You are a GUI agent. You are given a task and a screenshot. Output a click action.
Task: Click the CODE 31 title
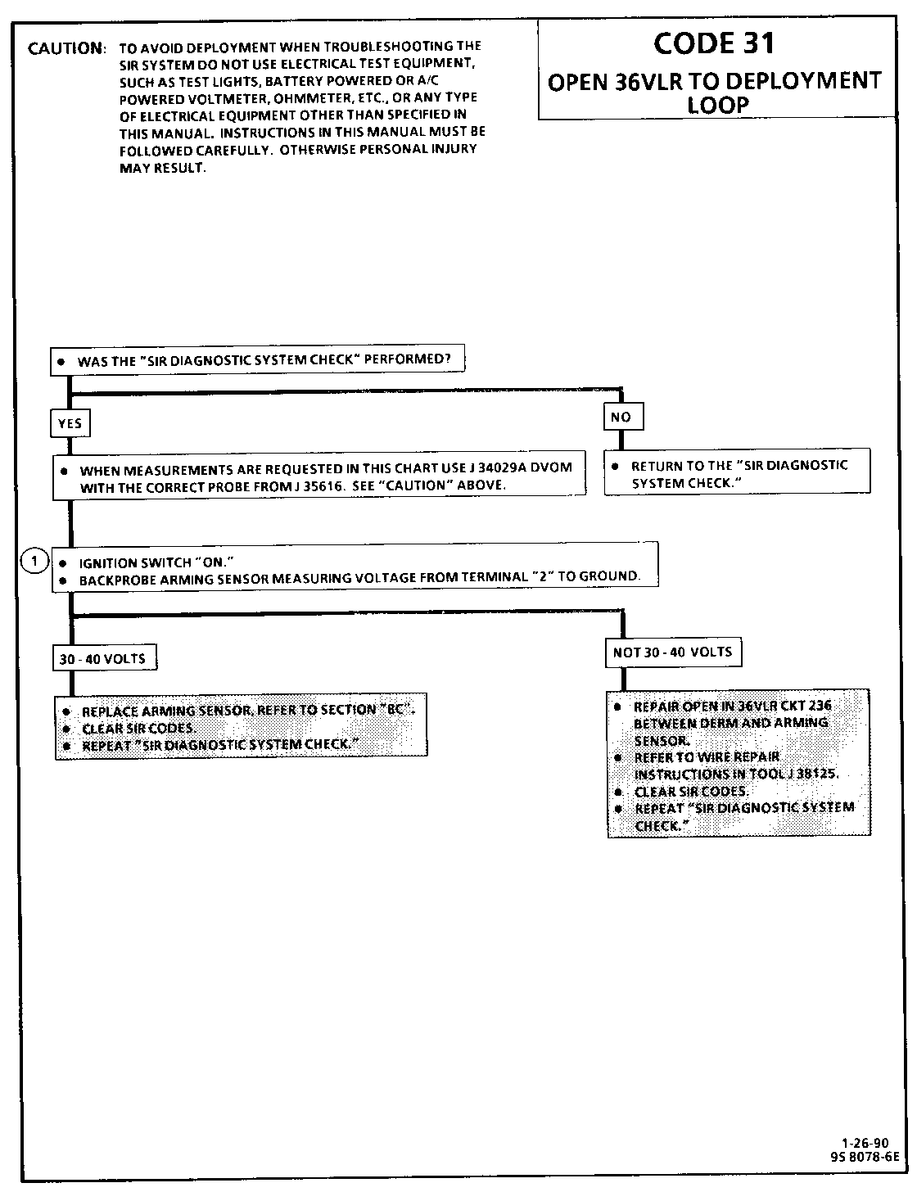(x=714, y=43)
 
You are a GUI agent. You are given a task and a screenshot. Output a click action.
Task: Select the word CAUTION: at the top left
(x=66, y=47)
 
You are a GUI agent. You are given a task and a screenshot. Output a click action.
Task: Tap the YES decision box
(x=70, y=423)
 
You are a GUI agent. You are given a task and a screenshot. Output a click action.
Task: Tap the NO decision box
(x=621, y=418)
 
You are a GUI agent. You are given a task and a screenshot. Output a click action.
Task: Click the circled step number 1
(x=34, y=562)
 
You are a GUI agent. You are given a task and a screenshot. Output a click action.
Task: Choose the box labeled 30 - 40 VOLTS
(x=105, y=658)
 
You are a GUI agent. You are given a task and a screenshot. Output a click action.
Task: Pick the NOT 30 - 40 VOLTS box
(x=672, y=652)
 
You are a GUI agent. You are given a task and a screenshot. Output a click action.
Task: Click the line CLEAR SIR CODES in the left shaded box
(x=138, y=728)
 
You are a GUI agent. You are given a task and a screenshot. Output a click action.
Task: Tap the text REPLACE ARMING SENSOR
(x=167, y=711)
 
